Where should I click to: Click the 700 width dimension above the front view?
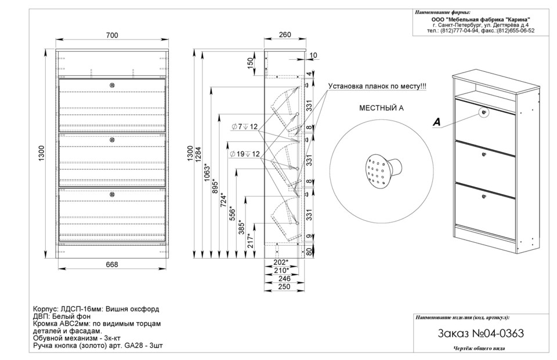pos(112,35)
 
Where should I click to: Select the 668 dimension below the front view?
pos(112,264)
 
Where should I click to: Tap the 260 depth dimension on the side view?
pos(285,35)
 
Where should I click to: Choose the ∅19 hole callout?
pos(244,154)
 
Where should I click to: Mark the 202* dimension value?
pos(281,262)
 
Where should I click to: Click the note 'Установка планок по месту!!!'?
pos(377,86)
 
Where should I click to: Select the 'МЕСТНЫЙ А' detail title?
pos(381,108)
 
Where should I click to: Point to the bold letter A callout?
pos(437,122)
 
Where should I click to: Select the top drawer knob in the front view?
pos(113,85)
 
